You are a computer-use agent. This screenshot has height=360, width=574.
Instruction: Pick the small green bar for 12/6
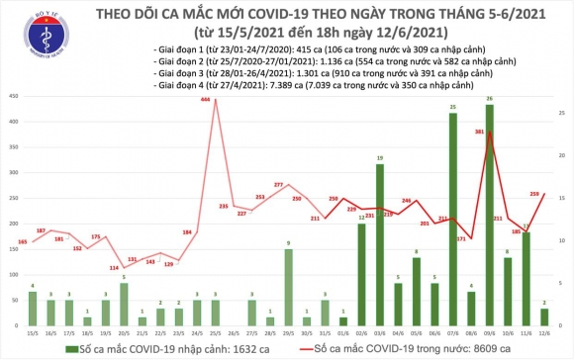[x=545, y=317]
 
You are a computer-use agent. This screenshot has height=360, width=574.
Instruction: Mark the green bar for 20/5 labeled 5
[x=123, y=306]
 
